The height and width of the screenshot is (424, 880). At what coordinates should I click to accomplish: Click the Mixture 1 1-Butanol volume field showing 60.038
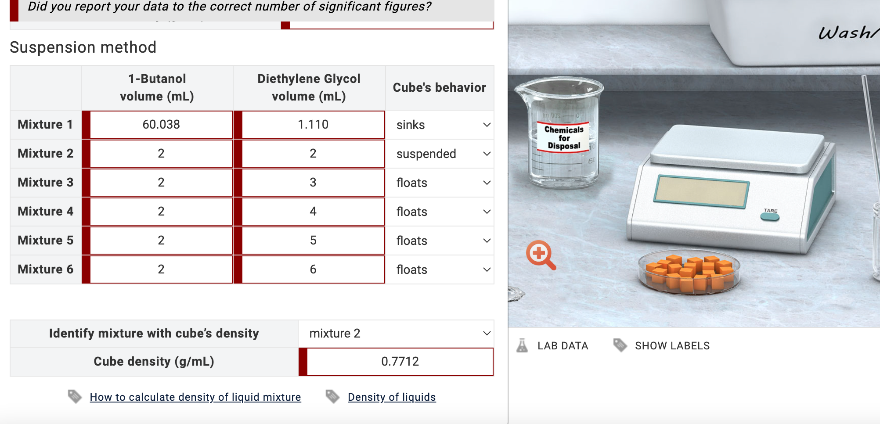pyautogui.click(x=161, y=125)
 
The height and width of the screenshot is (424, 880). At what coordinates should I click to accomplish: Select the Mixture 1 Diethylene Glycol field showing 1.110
pyautogui.click(x=313, y=125)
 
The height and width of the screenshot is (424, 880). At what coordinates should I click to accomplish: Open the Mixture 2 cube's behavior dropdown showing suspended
pyautogui.click(x=440, y=154)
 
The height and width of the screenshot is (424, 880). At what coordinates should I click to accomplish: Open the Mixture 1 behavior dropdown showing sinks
pyautogui.click(x=440, y=125)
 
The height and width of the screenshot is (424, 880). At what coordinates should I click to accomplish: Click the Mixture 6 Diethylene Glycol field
pyautogui.click(x=313, y=269)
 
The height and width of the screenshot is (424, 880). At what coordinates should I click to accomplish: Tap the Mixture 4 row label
pyautogui.click(x=46, y=212)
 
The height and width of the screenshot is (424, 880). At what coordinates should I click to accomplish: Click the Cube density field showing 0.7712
pyautogui.click(x=400, y=362)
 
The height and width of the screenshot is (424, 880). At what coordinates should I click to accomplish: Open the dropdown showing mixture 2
pyautogui.click(x=396, y=334)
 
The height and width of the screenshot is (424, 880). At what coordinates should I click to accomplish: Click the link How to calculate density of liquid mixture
pyautogui.click(x=195, y=397)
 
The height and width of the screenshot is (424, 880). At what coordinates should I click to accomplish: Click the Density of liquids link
pyautogui.click(x=391, y=397)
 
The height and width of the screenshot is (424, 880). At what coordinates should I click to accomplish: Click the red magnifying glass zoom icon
pyautogui.click(x=540, y=254)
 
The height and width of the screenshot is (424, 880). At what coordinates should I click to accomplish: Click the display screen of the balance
pyautogui.click(x=701, y=192)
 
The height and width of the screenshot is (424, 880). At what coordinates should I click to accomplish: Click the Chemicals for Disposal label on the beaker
pyautogui.click(x=564, y=138)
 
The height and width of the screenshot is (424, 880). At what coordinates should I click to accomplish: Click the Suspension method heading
pyautogui.click(x=83, y=47)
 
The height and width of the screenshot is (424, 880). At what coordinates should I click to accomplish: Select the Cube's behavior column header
pyautogui.click(x=439, y=88)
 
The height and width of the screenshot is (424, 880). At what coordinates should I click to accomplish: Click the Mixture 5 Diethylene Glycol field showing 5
pyautogui.click(x=313, y=241)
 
